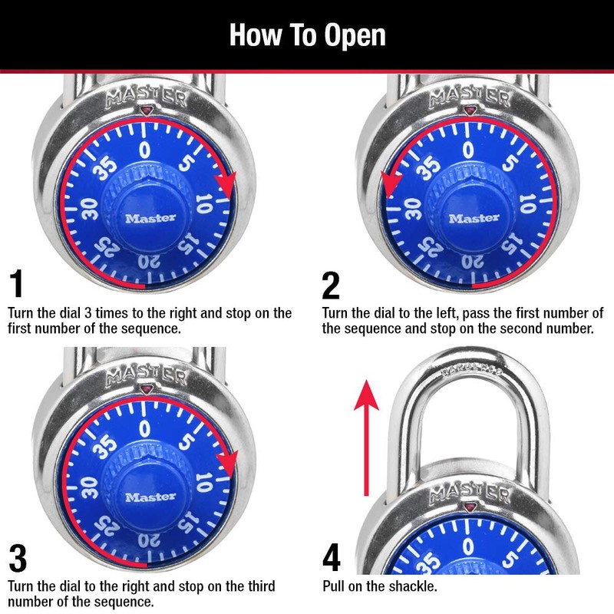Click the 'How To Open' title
click(307, 35)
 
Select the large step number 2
click(331, 285)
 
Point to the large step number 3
click(19, 558)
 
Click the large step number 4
click(332, 558)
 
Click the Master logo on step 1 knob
click(150, 218)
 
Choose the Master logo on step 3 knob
click(150, 497)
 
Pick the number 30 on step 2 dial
click(411, 207)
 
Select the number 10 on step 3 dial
click(203, 480)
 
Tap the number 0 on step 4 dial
click(467, 546)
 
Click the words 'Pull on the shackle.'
click(379, 587)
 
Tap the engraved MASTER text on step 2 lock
click(469, 97)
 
